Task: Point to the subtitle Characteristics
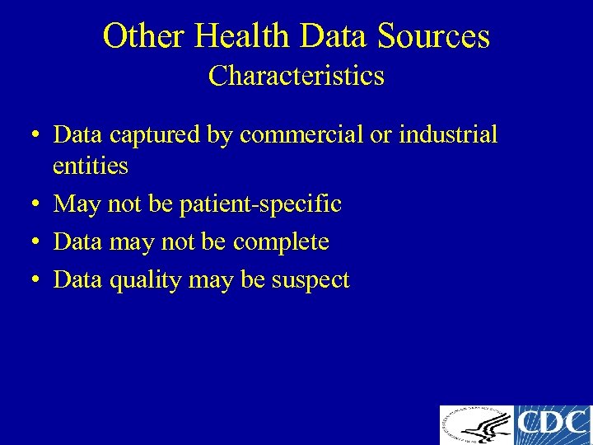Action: click(296, 76)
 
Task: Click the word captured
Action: click(156, 135)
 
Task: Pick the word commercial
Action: click(300, 135)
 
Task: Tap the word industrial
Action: click(448, 135)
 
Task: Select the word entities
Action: click(91, 166)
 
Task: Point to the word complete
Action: click(281, 241)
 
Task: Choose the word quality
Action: click(145, 280)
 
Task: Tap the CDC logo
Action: click(553, 425)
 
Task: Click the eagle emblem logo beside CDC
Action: click(477, 425)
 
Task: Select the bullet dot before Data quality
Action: click(37, 281)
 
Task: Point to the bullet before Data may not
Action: click(37, 242)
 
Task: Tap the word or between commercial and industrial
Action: click(381, 135)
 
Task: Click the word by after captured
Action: click(222, 135)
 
